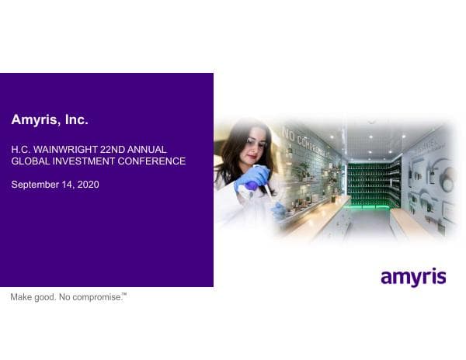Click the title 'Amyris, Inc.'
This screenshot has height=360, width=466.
[50, 120]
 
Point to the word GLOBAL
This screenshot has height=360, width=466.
[30, 161]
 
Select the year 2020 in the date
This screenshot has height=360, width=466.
[88, 185]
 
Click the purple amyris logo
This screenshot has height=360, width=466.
[413, 276]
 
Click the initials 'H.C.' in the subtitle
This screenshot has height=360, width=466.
[20, 149]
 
